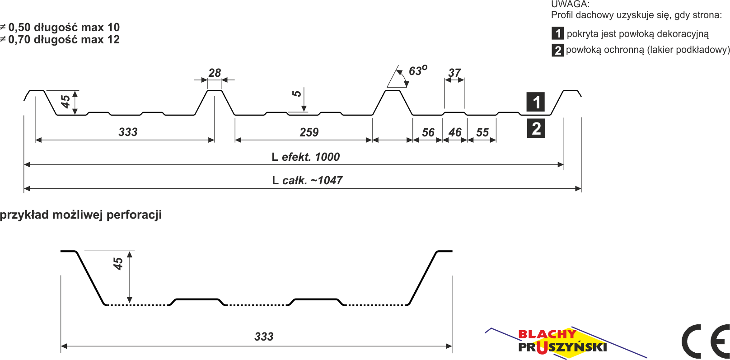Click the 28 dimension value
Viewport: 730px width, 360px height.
(215, 73)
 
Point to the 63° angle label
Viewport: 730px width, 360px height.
(418, 70)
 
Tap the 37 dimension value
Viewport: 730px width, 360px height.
(454, 73)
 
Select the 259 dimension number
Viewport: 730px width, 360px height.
(309, 132)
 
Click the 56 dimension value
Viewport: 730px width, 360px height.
(428, 132)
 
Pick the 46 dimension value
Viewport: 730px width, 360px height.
(455, 132)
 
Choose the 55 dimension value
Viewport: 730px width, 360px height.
(482, 132)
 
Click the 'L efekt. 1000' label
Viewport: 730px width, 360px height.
(306, 157)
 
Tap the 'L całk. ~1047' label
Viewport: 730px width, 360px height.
(307, 181)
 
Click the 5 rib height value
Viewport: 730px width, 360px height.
(296, 94)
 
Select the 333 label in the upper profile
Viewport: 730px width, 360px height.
(128, 132)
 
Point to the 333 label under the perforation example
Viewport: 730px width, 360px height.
(264, 337)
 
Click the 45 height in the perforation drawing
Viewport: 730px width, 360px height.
(118, 264)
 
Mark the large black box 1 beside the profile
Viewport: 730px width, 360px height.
(536, 102)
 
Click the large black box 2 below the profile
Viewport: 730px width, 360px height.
(536, 128)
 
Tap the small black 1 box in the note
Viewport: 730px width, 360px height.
(557, 33)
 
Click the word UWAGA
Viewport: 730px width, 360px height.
(570, 4)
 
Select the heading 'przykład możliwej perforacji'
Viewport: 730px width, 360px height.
(81, 215)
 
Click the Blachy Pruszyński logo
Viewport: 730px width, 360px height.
(566, 342)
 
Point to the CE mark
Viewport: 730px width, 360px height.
(706, 341)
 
